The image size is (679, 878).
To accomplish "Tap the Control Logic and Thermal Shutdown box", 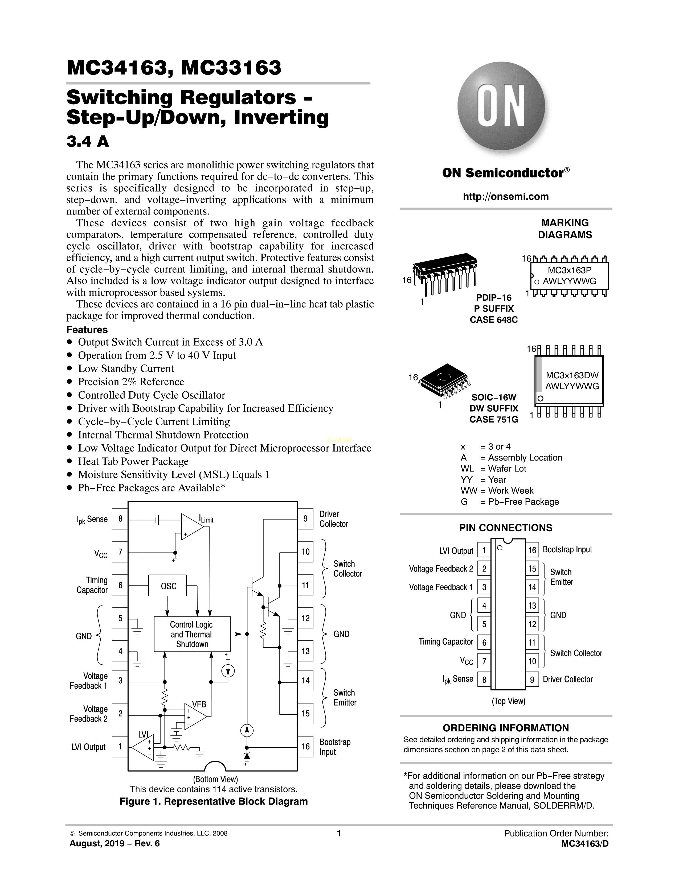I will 192,634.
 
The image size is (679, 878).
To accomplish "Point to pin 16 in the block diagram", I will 305,747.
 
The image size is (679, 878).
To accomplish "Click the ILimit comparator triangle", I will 191,527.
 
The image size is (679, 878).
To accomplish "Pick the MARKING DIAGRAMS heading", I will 565,229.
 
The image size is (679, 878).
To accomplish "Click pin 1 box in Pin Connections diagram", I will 484,550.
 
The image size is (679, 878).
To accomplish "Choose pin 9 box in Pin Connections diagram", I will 532,680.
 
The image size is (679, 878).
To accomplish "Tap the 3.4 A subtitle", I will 88,142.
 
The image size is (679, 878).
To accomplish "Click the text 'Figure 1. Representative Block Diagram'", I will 214,801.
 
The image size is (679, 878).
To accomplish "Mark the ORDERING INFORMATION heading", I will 506,728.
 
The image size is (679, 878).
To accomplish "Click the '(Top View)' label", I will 508,701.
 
